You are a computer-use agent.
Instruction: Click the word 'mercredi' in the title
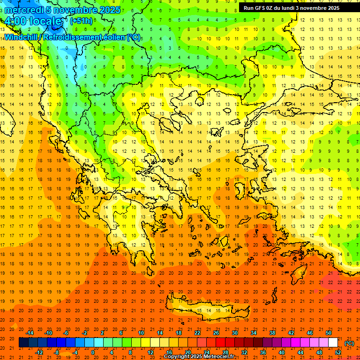click(22, 10)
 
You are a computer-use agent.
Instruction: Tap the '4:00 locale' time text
click(33, 21)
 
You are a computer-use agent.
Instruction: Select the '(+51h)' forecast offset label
click(81, 21)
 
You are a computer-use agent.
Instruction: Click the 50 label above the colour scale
click(328, 333)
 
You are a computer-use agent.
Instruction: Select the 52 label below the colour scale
click(338, 352)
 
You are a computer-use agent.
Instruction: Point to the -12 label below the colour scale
click(39, 352)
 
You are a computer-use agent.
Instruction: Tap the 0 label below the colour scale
click(93, 352)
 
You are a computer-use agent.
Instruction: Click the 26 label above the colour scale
click(216, 333)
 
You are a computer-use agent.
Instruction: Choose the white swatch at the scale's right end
click(333, 343)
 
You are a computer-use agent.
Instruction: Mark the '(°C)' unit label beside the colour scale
click(349, 343)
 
